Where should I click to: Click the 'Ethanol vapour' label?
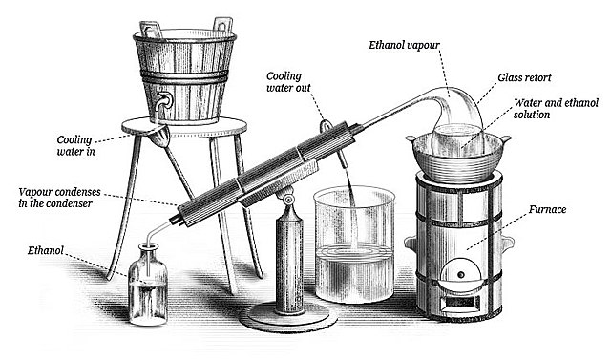(x=404, y=45)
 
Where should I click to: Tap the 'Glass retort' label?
(x=524, y=77)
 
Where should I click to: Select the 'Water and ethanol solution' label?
(x=556, y=109)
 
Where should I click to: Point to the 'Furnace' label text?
(x=547, y=210)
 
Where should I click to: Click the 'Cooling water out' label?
(x=288, y=82)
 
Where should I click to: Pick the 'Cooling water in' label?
(x=74, y=145)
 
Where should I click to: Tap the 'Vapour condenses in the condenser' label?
(x=59, y=198)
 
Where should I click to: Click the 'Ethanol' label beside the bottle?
(x=46, y=250)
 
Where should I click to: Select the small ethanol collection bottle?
(x=148, y=285)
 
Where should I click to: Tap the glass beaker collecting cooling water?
(x=354, y=244)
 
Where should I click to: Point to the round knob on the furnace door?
(x=461, y=275)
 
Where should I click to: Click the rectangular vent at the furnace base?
(x=460, y=302)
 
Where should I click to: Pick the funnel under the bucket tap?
(x=158, y=137)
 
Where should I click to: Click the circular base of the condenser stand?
(x=288, y=316)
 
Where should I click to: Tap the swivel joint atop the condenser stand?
(x=288, y=200)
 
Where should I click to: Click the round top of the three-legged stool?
(x=184, y=127)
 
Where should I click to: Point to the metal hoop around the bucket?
(x=184, y=76)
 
